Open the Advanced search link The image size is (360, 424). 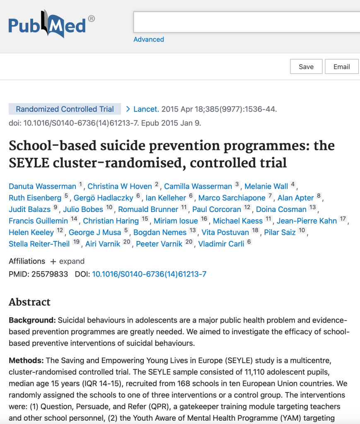pyautogui.click(x=149, y=39)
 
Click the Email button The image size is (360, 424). pyautogui.click(x=341, y=67)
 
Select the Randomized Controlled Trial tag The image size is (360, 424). pyautogui.click(x=65, y=109)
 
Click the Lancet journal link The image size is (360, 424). pyautogui.click(x=146, y=109)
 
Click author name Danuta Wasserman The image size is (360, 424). pyautogui.click(x=42, y=186)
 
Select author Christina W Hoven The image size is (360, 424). pyautogui.click(x=120, y=186)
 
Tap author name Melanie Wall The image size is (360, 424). pyautogui.click(x=266, y=186)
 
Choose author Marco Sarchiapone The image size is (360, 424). pyautogui.click(x=232, y=198)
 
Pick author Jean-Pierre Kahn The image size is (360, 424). pyautogui.click(x=307, y=221)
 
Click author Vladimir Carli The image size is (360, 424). pyautogui.click(x=221, y=243)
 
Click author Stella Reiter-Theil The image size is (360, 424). pyautogui.click(x=39, y=243)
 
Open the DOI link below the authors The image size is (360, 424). pyautogui.click(x=149, y=274)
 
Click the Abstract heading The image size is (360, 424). pyautogui.click(x=30, y=302)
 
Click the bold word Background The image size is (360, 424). pyautogui.click(x=31, y=320)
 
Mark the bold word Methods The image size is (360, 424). pyautogui.click(x=26, y=361)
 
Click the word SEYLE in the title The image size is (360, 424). pyautogui.click(x=29, y=163)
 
